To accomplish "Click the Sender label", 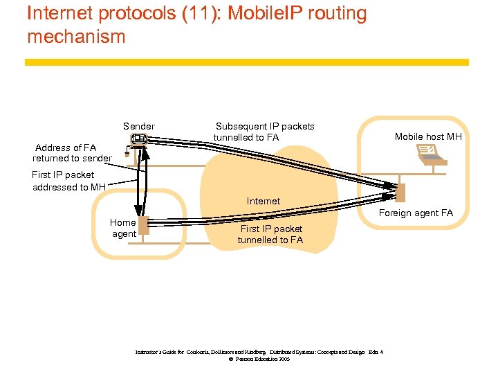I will click(139, 126).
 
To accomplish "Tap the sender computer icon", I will click(138, 140).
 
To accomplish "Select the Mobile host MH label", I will click(428, 136).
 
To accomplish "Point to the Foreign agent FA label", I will click(416, 213).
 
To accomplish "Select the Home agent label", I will click(123, 228).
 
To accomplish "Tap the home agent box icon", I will click(143, 226).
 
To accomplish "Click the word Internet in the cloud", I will click(264, 201).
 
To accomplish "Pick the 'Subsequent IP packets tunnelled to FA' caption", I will click(264, 132).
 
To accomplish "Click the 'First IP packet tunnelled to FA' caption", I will click(270, 234).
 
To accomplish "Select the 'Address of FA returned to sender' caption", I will click(71, 153).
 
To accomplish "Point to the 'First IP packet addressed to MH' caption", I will click(68, 181).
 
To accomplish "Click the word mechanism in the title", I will click(76, 36).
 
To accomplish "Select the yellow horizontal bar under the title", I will click(247, 62).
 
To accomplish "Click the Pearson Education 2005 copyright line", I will click(259, 359).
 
